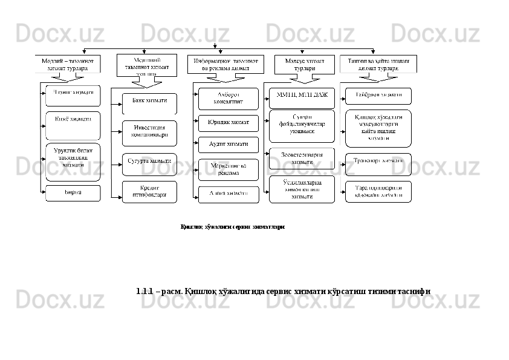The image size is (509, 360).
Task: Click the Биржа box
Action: point(73,193)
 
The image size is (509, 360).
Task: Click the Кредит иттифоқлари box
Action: point(149,191)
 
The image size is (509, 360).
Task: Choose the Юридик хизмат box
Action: point(229,123)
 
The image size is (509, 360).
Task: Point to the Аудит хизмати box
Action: point(229,145)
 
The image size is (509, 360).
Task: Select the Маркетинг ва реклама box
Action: point(229,169)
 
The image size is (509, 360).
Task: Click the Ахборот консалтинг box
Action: point(229,99)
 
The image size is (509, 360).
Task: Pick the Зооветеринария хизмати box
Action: point(302,159)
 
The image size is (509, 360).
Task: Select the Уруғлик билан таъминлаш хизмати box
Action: point(73,162)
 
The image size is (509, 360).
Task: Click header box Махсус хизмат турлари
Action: point(304,65)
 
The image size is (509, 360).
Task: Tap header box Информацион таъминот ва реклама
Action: point(225,64)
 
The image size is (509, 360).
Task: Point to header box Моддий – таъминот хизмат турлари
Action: point(67,64)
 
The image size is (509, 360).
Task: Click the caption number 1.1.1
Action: point(144,291)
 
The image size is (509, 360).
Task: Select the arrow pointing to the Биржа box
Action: point(44,193)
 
